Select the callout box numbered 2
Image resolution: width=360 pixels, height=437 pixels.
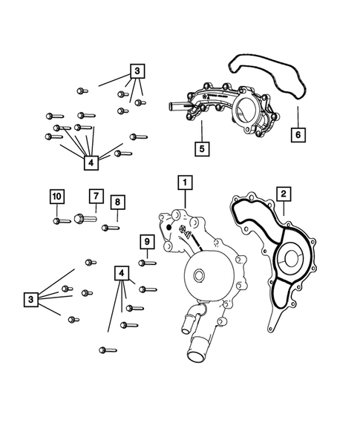click(x=282, y=194)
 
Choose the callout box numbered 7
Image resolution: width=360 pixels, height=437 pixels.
click(x=95, y=196)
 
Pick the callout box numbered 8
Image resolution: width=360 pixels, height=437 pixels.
click(x=117, y=202)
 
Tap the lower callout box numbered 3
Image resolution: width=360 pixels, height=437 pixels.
click(x=30, y=299)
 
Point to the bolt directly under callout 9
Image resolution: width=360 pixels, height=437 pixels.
click(x=147, y=262)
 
